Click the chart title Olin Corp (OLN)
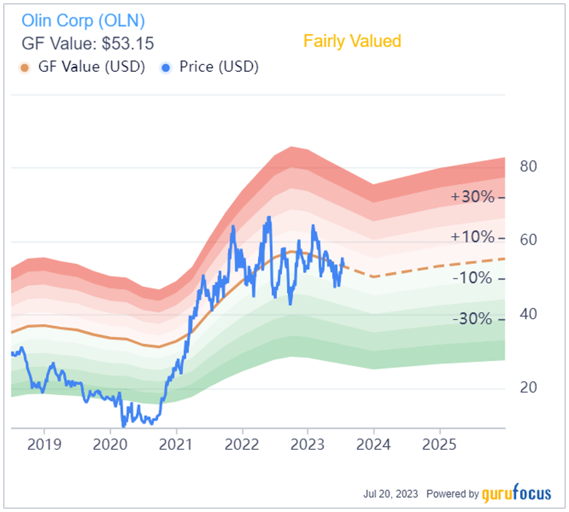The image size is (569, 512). [x=83, y=21]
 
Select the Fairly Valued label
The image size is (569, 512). [x=352, y=41]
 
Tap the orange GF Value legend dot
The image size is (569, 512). [x=24, y=67]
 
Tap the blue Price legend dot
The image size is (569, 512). [x=166, y=67]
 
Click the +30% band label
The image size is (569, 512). [x=472, y=197]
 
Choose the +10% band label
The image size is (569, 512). [x=472, y=237]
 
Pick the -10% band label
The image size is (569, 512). [x=472, y=278]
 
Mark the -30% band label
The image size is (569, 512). [x=472, y=319]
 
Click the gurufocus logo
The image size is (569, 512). [x=516, y=493]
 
